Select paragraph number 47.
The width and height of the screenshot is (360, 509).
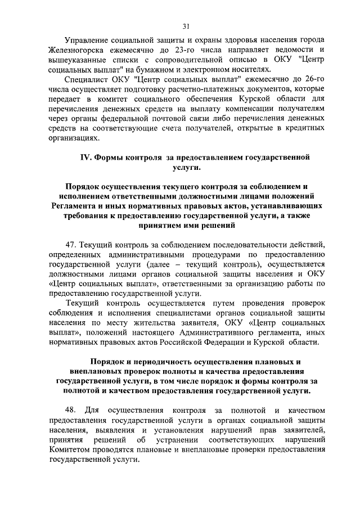(71, 243)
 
